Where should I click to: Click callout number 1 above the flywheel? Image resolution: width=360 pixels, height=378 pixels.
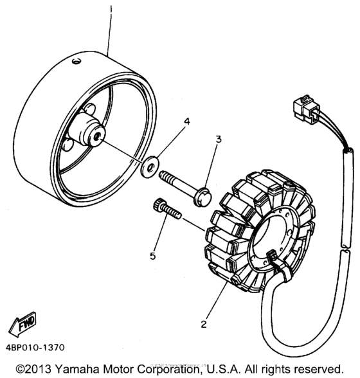(111, 10)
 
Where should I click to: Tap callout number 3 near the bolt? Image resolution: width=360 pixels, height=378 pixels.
(218, 139)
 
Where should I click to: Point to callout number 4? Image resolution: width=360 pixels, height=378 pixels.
(169, 120)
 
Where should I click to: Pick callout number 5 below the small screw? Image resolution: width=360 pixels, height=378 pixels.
(153, 255)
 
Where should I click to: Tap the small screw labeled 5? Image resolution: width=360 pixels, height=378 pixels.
(165, 210)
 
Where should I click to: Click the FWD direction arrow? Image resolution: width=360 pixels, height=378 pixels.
(24, 324)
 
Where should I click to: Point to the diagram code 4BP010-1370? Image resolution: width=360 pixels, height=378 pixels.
(37, 348)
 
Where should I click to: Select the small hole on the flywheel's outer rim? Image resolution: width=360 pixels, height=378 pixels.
(76, 61)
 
